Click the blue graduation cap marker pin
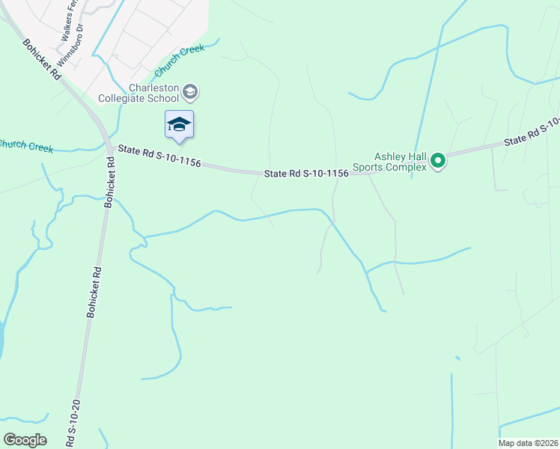[179, 124]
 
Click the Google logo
[25, 440]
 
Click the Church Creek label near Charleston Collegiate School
[177, 61]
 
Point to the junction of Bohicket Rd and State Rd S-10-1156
[110, 148]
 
